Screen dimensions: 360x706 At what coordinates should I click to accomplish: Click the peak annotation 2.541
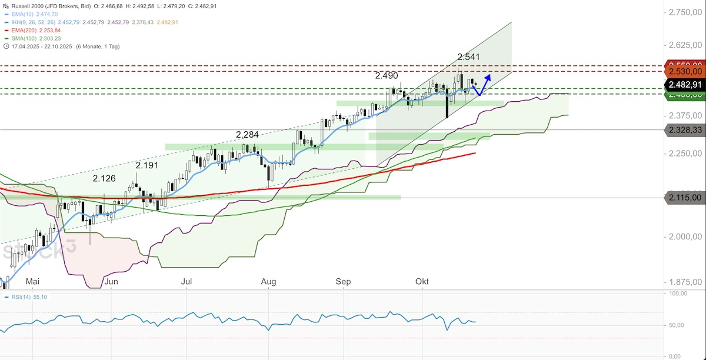click(469, 57)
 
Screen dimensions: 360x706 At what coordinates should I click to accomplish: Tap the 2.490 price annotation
click(387, 76)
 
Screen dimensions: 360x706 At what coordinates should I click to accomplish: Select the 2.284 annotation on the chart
click(247, 135)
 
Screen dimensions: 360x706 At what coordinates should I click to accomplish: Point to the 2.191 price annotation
click(147, 165)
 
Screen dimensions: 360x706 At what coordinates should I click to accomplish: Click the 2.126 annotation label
click(104, 178)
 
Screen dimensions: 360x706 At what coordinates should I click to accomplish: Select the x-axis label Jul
click(187, 282)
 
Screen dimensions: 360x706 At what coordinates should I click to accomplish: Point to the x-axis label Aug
click(268, 282)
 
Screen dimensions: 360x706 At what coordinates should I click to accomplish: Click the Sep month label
click(343, 282)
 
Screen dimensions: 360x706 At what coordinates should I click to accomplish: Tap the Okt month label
click(422, 282)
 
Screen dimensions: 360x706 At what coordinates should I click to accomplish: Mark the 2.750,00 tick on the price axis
click(684, 12)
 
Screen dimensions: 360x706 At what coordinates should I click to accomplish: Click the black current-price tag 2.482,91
click(684, 84)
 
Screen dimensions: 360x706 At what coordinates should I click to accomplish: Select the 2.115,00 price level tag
click(684, 198)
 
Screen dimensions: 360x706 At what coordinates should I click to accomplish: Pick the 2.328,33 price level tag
click(684, 129)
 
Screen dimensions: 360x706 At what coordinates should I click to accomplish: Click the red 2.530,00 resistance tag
click(684, 71)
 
